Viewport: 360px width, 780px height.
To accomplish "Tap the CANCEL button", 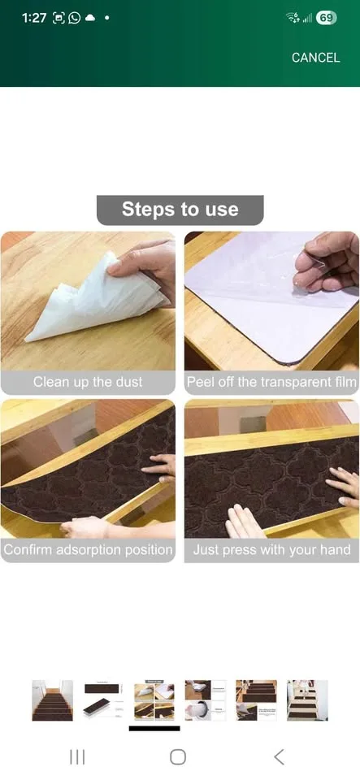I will pyautogui.click(x=315, y=58).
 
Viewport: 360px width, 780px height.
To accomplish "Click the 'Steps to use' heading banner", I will pyautogui.click(x=180, y=210).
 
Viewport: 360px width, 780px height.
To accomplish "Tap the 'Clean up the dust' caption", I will pyautogui.click(x=88, y=382).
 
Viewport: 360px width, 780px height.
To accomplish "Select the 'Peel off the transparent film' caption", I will pyautogui.click(x=271, y=382).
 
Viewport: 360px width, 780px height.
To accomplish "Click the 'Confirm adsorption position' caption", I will pyautogui.click(x=88, y=550).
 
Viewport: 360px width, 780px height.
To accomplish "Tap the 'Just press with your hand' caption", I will pyautogui.click(x=271, y=550).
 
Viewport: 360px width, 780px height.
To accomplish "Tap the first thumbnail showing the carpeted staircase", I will pyautogui.click(x=52, y=700).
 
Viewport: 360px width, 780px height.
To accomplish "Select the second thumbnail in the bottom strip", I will pyautogui.click(x=103, y=700).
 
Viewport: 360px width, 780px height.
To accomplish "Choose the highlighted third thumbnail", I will pyautogui.click(x=154, y=700).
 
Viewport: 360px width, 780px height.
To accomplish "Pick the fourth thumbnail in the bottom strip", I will pyautogui.click(x=205, y=700).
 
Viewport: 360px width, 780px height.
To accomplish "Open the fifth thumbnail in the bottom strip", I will pyautogui.click(x=256, y=700).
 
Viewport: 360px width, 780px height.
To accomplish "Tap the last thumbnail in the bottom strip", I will pyautogui.click(x=307, y=700).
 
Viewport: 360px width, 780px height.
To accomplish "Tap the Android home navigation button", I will pyautogui.click(x=178, y=757).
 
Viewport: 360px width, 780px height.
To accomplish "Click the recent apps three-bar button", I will pyautogui.click(x=77, y=757).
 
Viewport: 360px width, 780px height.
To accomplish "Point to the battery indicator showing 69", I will pyautogui.click(x=326, y=18).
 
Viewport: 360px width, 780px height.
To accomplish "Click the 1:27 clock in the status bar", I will pyautogui.click(x=34, y=18).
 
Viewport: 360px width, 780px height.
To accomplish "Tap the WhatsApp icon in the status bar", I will pyautogui.click(x=75, y=18).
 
